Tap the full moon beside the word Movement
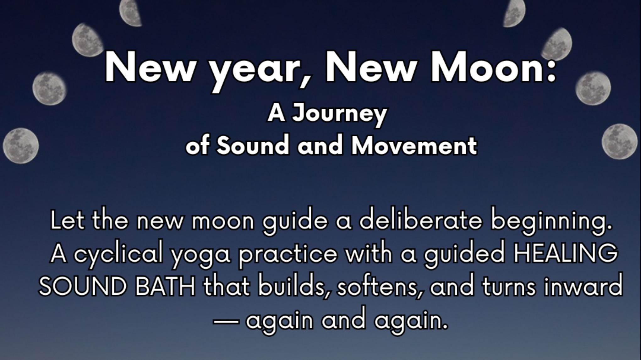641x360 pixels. [620, 142]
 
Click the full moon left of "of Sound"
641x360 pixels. [21, 146]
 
